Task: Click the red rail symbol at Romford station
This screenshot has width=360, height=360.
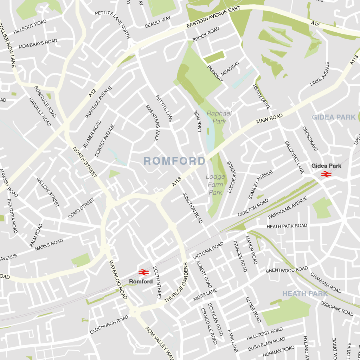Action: click(x=143, y=272)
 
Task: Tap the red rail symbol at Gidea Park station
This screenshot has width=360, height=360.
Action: click(x=326, y=174)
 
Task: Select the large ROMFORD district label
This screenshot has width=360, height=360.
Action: click(x=174, y=161)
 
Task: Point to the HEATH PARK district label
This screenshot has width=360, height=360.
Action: click(x=305, y=294)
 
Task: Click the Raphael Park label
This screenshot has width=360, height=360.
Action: click(x=219, y=117)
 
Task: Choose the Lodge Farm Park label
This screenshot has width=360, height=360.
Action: click(x=215, y=185)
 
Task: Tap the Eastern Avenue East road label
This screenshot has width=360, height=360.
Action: click(x=213, y=17)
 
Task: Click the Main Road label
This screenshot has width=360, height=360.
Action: click(x=269, y=118)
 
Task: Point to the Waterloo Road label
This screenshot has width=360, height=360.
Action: click(x=118, y=280)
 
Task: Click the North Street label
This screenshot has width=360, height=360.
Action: click(x=85, y=162)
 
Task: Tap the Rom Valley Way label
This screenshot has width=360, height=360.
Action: click(x=160, y=341)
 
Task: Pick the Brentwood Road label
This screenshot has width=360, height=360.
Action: click(x=287, y=270)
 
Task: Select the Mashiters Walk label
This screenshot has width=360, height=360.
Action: click(x=152, y=122)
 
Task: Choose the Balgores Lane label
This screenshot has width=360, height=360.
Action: click(x=294, y=157)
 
